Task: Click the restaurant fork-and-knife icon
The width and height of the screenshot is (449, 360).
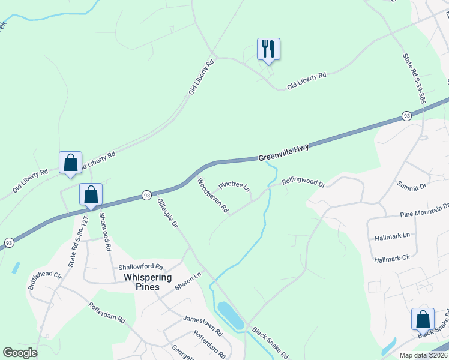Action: pyautogui.click(x=268, y=49)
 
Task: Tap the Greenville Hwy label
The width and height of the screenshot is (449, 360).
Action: pyautogui.click(x=283, y=153)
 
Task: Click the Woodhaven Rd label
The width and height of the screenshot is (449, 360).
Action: pyautogui.click(x=213, y=196)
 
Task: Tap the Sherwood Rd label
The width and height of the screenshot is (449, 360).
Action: pyautogui.click(x=105, y=231)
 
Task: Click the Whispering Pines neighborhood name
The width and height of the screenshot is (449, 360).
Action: pyautogui.click(x=148, y=282)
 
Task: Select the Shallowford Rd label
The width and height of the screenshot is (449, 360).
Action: pyautogui.click(x=140, y=267)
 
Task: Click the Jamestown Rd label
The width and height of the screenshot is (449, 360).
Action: pyautogui.click(x=203, y=324)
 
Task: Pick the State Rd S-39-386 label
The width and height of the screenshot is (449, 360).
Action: pyautogui.click(x=414, y=79)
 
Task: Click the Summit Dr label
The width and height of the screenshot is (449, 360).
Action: pyautogui.click(x=411, y=187)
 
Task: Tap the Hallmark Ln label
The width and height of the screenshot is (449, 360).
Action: pyautogui.click(x=391, y=235)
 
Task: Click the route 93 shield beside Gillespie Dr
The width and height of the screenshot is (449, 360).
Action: pyautogui.click(x=146, y=194)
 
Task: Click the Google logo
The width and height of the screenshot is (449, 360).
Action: pyautogui.click(x=20, y=353)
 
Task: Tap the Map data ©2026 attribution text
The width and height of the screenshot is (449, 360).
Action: pyautogui.click(x=423, y=355)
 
